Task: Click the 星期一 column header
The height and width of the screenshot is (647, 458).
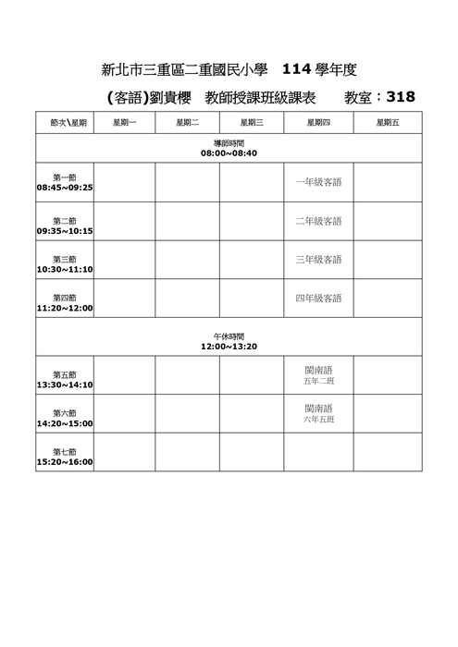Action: (124, 122)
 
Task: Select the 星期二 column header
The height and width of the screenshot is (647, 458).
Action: (187, 122)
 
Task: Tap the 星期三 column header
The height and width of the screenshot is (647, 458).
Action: (252, 122)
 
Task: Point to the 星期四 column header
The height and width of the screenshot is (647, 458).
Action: (318, 122)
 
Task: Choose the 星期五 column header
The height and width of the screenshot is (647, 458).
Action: (388, 122)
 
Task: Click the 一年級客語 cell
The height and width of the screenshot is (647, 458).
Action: (318, 182)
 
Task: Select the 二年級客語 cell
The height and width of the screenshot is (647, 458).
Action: (318, 221)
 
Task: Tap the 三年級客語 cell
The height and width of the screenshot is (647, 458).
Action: (318, 259)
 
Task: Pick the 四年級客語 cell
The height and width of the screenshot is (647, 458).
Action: (318, 298)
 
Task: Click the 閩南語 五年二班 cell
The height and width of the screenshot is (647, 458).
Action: (318, 374)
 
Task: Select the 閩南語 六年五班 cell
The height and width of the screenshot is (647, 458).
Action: (318, 413)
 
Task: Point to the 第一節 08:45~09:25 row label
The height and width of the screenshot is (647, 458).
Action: (65, 182)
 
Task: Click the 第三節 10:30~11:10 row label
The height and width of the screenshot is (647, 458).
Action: (65, 264)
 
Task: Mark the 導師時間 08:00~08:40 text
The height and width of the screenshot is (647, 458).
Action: (229, 148)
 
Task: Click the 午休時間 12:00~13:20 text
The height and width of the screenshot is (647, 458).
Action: (229, 341)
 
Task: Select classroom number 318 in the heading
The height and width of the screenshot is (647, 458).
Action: (401, 96)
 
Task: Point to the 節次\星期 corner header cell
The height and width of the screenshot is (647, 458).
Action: (65, 122)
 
